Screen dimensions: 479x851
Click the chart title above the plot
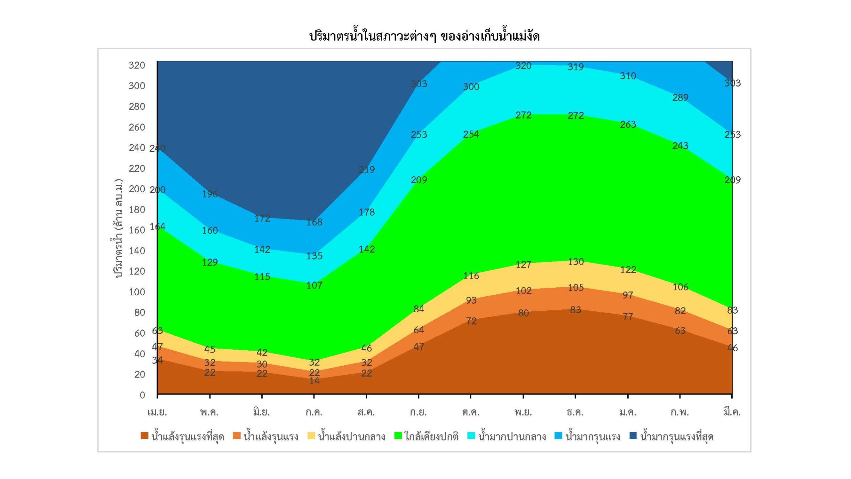tap(424, 36)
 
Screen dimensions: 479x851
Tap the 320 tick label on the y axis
tap(137, 65)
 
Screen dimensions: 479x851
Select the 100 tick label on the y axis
tap(137, 292)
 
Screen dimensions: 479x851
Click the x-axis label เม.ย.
tap(157, 412)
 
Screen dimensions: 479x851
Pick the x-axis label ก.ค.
tap(314, 412)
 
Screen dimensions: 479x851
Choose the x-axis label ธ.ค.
tap(575, 412)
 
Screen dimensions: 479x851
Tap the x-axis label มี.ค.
tap(732, 412)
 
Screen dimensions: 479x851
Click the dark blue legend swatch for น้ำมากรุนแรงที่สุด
tap(633, 436)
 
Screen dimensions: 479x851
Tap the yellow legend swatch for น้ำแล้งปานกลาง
tap(311, 436)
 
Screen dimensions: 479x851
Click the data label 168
tap(314, 222)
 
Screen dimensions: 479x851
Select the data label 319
tap(575, 67)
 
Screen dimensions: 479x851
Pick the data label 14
tap(314, 381)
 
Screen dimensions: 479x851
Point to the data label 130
tap(575, 262)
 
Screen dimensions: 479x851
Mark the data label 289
tap(680, 97)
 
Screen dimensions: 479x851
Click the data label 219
tap(366, 170)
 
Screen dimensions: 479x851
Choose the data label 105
tap(575, 287)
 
